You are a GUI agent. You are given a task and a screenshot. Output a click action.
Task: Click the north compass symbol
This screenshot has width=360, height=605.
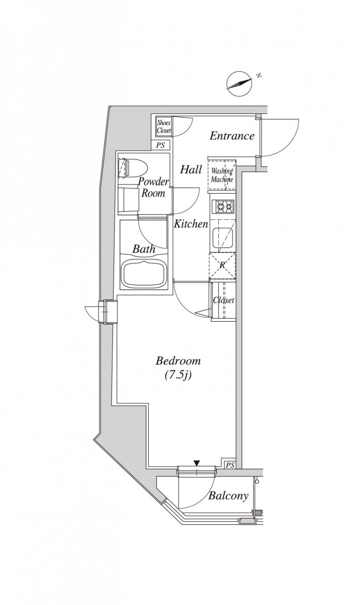click(x=239, y=84)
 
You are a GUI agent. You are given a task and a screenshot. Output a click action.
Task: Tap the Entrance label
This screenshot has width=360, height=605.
click(x=232, y=136)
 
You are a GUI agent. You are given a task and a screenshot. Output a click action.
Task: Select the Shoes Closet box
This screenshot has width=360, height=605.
click(x=164, y=126)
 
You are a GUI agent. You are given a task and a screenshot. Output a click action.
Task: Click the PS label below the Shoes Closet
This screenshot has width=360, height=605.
click(x=161, y=145)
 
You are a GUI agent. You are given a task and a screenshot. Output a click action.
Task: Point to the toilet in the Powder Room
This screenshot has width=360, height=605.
click(x=133, y=167)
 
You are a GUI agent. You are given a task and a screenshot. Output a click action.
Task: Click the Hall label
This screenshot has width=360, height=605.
click(x=191, y=170)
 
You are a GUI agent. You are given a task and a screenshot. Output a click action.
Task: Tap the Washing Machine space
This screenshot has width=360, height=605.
click(x=222, y=175)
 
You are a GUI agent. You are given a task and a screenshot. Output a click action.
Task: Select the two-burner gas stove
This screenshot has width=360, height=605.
click(x=223, y=207)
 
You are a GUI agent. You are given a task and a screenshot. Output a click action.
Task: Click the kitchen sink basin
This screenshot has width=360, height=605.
click(x=223, y=236)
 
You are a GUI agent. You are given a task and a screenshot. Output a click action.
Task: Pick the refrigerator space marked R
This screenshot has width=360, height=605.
click(x=222, y=266)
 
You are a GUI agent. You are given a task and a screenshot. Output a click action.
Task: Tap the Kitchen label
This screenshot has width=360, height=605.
click(x=191, y=224)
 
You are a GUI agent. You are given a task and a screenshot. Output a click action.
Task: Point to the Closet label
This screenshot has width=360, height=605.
click(x=223, y=300)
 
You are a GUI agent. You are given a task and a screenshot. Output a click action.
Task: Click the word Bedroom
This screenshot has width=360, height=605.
click(x=178, y=361)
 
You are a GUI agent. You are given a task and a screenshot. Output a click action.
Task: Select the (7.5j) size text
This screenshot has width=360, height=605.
click(x=178, y=375)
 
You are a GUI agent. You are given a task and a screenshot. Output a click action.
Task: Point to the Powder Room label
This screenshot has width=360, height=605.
click(x=153, y=187)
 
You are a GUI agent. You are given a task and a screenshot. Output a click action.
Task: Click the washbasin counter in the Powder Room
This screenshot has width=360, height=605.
click(x=129, y=199)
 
